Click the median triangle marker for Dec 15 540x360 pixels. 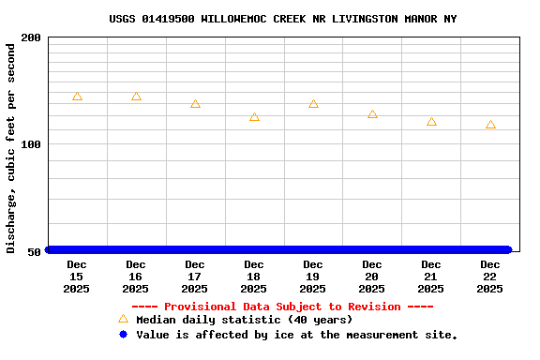[77, 97]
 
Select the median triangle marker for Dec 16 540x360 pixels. [136, 97]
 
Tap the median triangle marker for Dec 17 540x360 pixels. [195, 104]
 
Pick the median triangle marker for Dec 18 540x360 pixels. [254, 117]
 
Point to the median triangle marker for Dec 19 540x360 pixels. [313, 104]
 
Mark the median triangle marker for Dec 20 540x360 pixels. [372, 114]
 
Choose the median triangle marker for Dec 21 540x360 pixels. [431, 122]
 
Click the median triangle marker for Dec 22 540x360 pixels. [490, 125]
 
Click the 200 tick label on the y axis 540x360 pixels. [31, 37]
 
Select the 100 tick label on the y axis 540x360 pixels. [31, 144]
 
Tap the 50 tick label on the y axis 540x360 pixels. [35, 251]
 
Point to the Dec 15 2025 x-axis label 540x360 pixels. [77, 277]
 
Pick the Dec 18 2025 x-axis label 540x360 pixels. [254, 277]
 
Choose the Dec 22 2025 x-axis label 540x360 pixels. [490, 277]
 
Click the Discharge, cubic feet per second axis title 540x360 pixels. [11, 146]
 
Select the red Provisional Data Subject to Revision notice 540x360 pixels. [282, 307]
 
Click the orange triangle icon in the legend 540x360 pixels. [123, 319]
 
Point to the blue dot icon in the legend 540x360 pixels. [123, 335]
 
